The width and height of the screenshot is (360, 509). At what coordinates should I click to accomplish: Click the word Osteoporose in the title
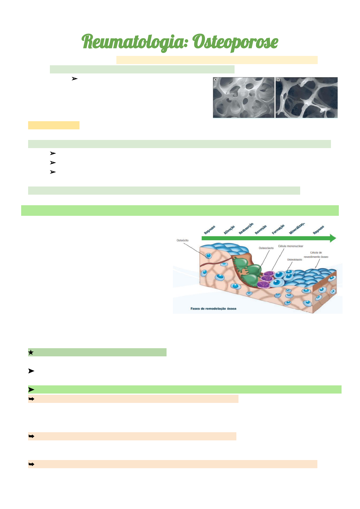click(235, 42)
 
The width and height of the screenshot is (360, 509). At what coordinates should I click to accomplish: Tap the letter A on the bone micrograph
click(216, 80)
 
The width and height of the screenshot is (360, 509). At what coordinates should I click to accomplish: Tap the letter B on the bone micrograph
click(278, 80)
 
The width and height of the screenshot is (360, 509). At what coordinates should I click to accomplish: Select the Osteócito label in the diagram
click(183, 240)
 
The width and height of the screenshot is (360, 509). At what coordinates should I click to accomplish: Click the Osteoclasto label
click(266, 248)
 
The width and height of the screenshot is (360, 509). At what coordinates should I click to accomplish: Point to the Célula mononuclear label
click(290, 246)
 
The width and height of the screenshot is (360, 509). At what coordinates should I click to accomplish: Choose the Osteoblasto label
click(294, 260)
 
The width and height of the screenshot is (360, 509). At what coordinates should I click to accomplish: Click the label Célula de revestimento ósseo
click(316, 255)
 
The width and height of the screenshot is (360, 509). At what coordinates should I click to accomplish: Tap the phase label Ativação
click(229, 230)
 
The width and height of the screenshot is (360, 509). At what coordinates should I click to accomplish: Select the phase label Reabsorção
click(246, 229)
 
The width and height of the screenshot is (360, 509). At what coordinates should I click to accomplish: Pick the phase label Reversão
click(261, 230)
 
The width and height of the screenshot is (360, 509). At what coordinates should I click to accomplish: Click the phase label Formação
click(278, 229)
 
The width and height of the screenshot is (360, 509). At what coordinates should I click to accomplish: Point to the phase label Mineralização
click(297, 228)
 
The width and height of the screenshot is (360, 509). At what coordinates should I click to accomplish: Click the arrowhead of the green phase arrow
click(332, 238)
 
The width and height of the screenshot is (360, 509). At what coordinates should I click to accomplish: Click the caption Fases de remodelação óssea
click(213, 309)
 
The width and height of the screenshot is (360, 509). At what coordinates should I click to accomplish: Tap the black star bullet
click(31, 352)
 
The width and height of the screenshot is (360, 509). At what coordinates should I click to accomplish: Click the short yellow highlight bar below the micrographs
click(54, 125)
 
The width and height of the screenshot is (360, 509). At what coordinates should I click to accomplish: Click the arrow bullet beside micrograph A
click(74, 79)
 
